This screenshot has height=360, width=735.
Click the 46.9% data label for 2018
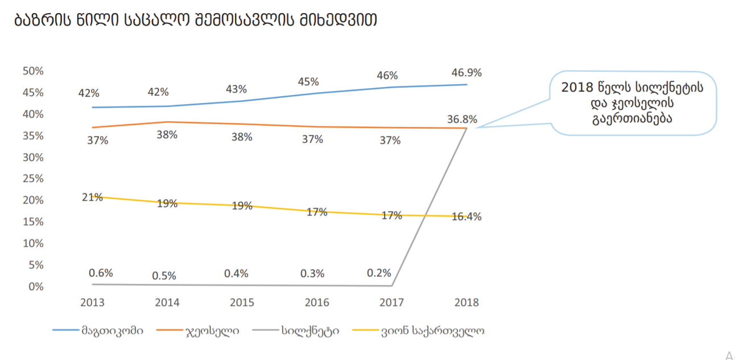coord(466,73)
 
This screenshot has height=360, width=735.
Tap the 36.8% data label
coord(462,120)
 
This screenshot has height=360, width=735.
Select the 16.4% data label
coord(466,217)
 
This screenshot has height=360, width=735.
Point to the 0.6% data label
coord(101,273)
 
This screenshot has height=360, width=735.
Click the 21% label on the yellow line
coord(92,197)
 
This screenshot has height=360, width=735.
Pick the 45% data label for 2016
coord(308,82)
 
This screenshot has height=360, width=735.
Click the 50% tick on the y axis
coord(33,71)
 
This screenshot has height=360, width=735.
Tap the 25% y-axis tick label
coord(33,179)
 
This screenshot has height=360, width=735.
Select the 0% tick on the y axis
coord(36,287)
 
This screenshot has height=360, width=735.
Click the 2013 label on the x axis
coord(93,303)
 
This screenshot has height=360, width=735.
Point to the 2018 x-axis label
coord(466,303)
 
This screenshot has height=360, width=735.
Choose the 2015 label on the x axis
coord(242,303)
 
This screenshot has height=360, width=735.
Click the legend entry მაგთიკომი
coord(112,330)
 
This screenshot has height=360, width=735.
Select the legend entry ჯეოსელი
coord(212,330)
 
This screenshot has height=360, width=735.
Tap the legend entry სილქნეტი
coord(310,330)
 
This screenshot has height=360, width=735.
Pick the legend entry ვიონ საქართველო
coord(433,330)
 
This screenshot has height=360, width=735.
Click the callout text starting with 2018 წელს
coord(632,102)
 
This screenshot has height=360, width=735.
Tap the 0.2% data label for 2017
coord(379,273)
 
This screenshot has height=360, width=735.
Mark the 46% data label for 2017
coord(387,76)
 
